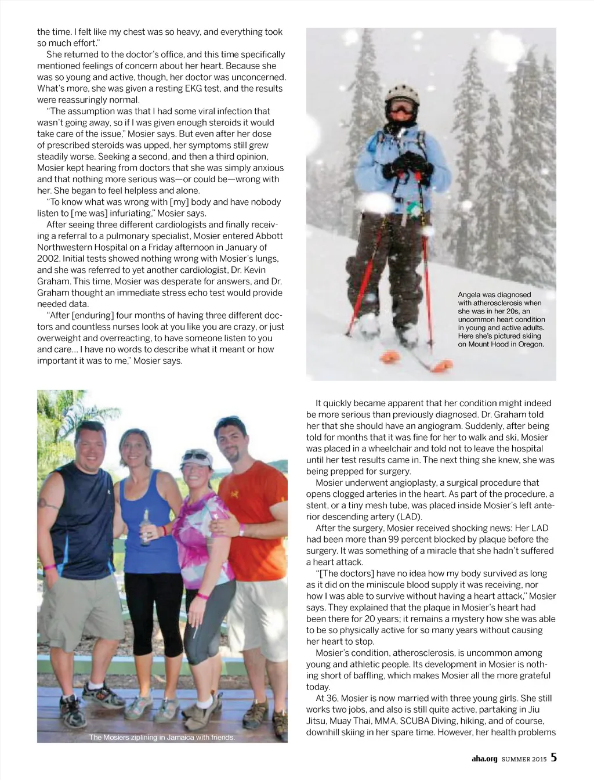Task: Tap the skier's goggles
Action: click(402, 109)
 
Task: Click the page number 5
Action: click(554, 757)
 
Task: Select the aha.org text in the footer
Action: click(484, 758)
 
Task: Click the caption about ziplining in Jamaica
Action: click(162, 737)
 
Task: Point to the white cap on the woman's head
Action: click(195, 459)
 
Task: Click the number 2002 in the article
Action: click(48, 259)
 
